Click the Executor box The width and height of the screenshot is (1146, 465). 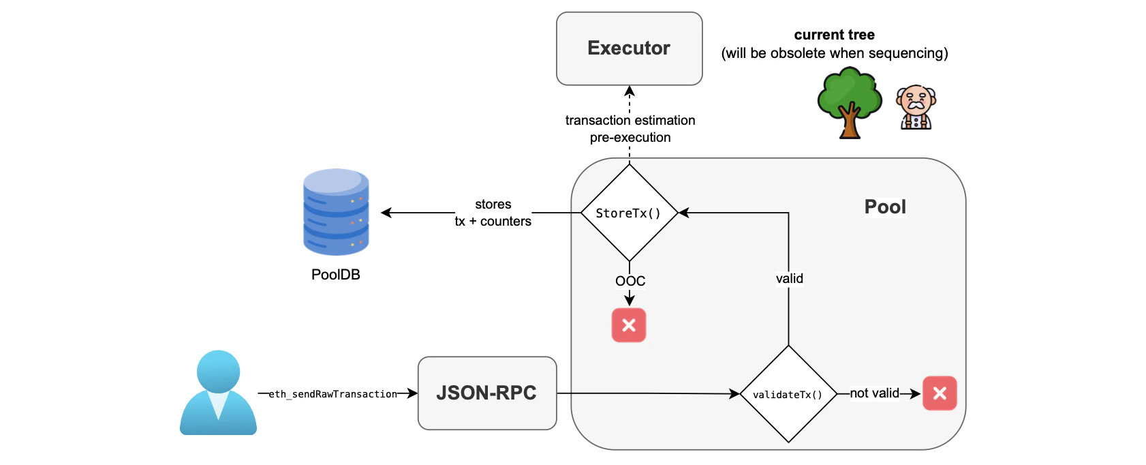click(629, 48)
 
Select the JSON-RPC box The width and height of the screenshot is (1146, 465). click(486, 393)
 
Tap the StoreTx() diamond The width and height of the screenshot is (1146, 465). click(629, 213)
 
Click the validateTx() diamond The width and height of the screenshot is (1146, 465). click(788, 394)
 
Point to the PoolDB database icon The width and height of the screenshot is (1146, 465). click(336, 212)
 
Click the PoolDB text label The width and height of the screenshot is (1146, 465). click(335, 274)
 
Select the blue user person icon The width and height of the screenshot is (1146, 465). click(218, 393)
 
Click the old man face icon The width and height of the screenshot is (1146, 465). click(916, 108)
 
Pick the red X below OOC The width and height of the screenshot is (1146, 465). click(629, 325)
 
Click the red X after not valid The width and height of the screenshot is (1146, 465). click(940, 393)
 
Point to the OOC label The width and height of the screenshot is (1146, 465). click(630, 281)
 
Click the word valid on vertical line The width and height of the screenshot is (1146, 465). click(789, 278)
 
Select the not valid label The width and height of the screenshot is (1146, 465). click(874, 393)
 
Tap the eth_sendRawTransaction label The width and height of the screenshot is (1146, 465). click(332, 394)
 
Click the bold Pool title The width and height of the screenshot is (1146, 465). click(885, 207)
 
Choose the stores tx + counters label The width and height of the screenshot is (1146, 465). click(493, 213)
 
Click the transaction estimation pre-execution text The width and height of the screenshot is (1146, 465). click(630, 129)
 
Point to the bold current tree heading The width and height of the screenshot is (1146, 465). click(834, 35)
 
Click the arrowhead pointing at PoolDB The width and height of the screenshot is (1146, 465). click(386, 213)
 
